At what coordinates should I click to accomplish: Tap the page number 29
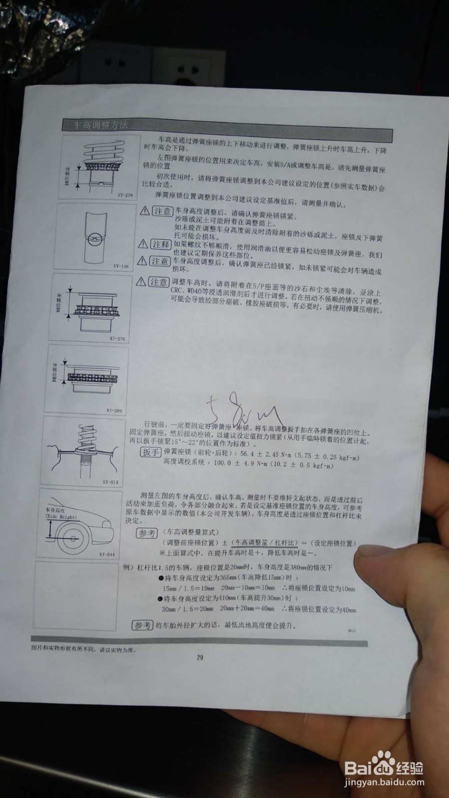click(200, 657)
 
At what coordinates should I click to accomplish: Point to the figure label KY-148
click(121, 266)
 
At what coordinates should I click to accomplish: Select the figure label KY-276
click(117, 339)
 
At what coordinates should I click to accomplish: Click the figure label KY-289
click(114, 410)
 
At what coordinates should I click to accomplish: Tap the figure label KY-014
click(111, 482)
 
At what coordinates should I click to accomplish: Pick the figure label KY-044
click(107, 554)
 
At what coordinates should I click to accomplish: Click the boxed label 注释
click(161, 244)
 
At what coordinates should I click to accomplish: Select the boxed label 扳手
click(150, 452)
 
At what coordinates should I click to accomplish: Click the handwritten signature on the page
click(244, 409)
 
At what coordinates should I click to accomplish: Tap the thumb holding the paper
click(384, 564)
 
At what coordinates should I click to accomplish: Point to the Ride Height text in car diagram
click(61, 517)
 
